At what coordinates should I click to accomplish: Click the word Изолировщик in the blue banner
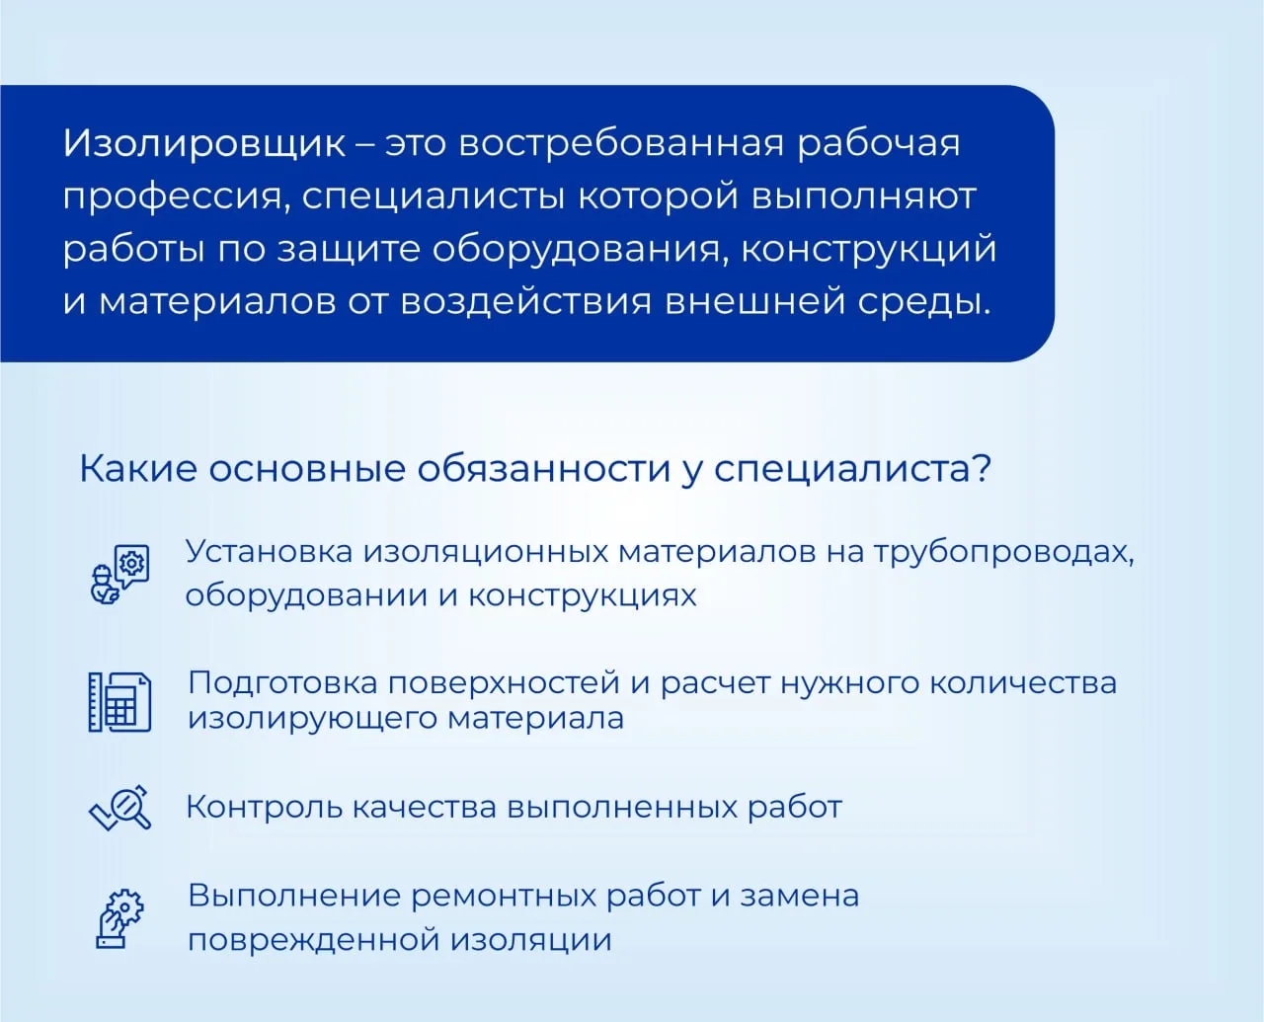[x=204, y=144]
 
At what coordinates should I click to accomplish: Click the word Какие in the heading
[x=137, y=469]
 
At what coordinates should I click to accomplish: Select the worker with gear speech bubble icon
[x=119, y=575]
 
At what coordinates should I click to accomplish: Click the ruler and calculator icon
[x=119, y=703]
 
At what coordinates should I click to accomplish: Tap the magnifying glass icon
[x=120, y=807]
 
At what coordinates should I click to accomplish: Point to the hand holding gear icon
[x=119, y=917]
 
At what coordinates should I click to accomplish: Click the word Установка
[x=270, y=551]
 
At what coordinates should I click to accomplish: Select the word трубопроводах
[x=1003, y=553]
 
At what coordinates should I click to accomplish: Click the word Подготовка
[x=283, y=683]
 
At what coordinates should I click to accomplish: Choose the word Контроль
[x=265, y=807]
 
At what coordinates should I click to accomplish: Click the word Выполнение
[x=295, y=896]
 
